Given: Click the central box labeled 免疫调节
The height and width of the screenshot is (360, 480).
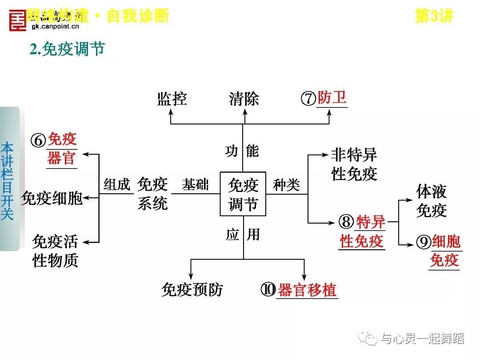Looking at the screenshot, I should pos(243,194).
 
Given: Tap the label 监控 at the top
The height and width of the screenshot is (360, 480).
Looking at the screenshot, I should pos(172,99).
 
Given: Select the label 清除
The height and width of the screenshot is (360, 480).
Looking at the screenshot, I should pos(244,99).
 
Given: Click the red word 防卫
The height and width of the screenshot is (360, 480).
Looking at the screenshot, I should pos(332,98).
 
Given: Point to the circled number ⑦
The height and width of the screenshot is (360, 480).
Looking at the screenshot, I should pos(308,99).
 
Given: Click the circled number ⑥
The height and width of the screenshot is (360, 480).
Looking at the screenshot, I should pos(38,141).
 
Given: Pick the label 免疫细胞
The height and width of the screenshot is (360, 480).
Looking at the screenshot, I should pos(52,198).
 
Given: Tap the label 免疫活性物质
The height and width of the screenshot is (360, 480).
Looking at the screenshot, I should pos(55,251).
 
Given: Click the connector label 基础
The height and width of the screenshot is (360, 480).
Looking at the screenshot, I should pos(195,184).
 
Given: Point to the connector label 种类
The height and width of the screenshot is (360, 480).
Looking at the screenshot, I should pos(287,185).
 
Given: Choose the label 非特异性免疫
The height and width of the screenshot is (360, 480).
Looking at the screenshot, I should pos(354,164).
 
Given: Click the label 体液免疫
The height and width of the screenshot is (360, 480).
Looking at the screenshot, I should pos(431,201).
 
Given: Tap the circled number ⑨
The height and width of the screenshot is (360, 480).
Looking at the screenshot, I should pos(424,242).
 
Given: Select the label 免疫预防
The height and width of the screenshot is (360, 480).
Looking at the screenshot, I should pos(192,290).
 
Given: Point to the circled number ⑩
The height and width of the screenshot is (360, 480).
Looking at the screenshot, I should pos(268,290).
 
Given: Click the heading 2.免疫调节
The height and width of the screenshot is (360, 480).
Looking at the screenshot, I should pos(67,49).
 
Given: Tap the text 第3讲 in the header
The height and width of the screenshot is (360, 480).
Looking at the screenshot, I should pos(434,16).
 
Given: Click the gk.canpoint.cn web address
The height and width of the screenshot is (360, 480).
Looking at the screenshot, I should pos(55,27).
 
